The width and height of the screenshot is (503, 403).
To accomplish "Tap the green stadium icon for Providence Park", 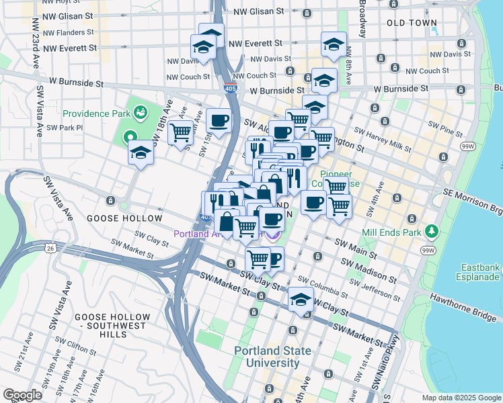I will point(141,111).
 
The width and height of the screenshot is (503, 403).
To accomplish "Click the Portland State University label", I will point(272,357).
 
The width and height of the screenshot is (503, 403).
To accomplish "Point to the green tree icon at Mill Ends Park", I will point(431,232).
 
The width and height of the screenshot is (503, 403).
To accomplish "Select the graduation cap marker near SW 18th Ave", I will point(141,153).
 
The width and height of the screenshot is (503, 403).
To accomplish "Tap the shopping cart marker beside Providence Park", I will point(180,133).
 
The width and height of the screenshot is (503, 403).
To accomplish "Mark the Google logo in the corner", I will point(23,395).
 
